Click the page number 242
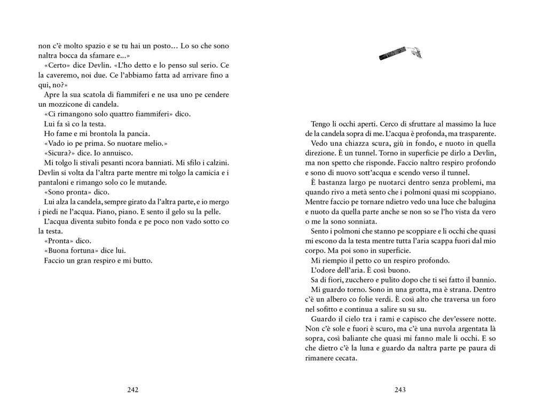coord(133,390)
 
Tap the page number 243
coord(400,390)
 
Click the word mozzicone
coord(69,104)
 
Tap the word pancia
coord(133,133)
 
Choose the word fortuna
coord(85,251)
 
